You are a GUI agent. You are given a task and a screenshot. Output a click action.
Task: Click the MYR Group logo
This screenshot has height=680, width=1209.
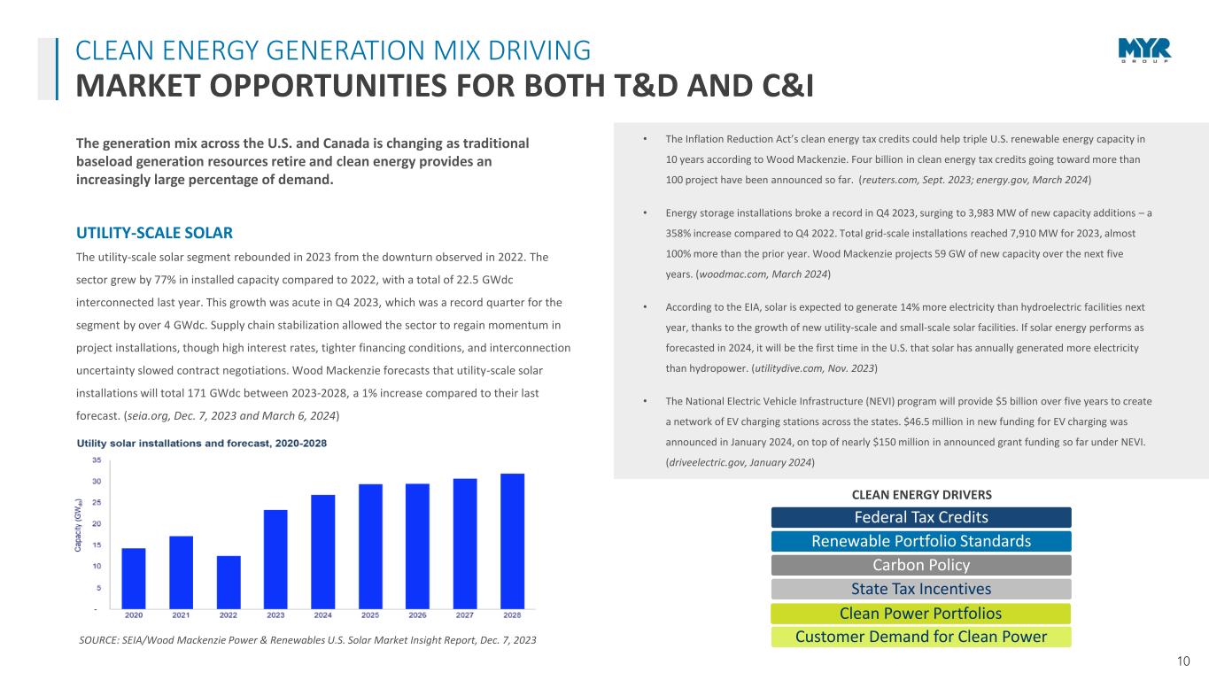click(x=1143, y=51)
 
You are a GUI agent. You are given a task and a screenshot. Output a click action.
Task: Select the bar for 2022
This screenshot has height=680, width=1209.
click(x=229, y=582)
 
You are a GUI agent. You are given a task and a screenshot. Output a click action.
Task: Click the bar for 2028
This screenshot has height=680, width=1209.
click(x=512, y=541)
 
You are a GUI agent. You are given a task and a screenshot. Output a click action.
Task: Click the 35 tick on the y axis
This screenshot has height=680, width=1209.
click(x=95, y=460)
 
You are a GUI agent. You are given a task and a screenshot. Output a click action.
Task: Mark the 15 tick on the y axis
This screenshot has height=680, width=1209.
click(x=95, y=545)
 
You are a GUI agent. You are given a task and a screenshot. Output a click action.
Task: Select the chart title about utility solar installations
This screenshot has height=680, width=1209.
click(x=207, y=443)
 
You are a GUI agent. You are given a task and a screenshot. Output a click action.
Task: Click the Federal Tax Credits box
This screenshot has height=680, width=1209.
click(x=921, y=517)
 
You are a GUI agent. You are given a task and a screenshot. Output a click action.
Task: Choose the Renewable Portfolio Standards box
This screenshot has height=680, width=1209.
click(x=921, y=541)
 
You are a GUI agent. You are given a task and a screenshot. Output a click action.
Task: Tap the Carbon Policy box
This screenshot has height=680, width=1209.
click(x=921, y=565)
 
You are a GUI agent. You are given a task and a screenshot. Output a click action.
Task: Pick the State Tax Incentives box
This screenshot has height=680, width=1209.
click(x=921, y=589)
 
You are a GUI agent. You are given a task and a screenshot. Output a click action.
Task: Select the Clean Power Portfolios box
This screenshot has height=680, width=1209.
click(x=921, y=613)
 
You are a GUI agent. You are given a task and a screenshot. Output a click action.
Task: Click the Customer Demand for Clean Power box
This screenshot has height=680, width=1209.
click(x=921, y=637)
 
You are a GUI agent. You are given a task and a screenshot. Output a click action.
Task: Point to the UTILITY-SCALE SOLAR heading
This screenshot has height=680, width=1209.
click(x=155, y=233)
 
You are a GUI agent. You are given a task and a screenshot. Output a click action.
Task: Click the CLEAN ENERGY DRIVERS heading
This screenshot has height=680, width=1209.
click(x=921, y=494)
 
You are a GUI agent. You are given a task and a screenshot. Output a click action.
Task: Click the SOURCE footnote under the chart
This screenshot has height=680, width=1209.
click(x=306, y=639)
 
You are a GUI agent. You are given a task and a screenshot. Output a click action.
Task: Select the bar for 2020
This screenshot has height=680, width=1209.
click(x=134, y=578)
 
